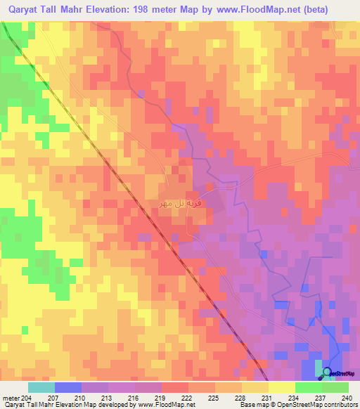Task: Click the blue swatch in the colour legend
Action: pyautogui.click(x=68, y=387)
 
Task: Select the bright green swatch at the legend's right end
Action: pyautogui.click(x=335, y=387)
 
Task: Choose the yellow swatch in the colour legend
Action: pyautogui.click(x=281, y=387)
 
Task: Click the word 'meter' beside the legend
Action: pyautogui.click(x=11, y=398)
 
